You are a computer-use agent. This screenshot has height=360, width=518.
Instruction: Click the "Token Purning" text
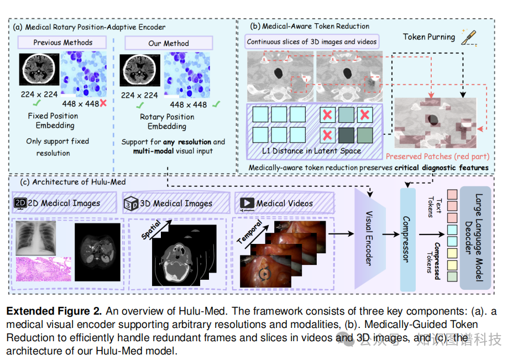point(429,37)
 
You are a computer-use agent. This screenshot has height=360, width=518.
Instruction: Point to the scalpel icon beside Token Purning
point(468,36)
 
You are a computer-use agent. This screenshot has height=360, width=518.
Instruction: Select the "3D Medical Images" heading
point(175,203)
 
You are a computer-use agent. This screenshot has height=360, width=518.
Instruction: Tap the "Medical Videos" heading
point(284,203)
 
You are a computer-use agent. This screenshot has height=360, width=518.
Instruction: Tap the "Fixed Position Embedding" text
point(53,121)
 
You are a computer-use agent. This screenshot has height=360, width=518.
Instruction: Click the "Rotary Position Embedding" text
point(167,121)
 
